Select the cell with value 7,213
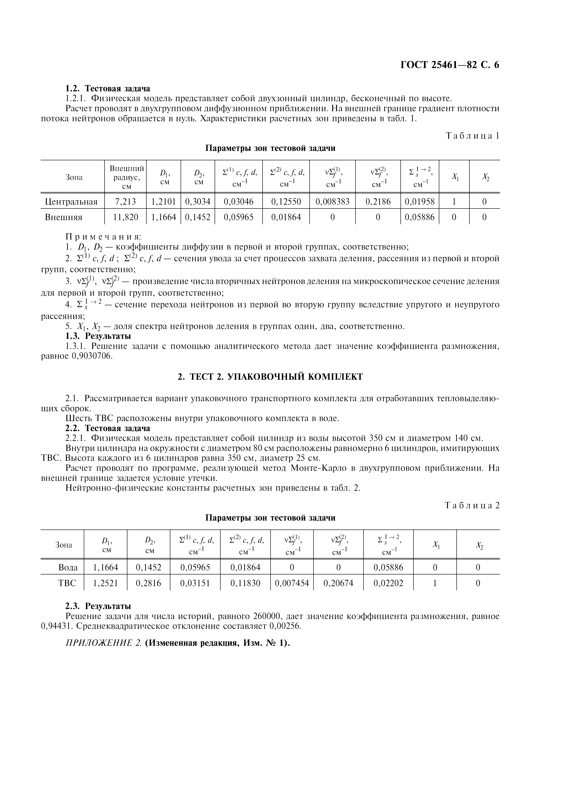point(125,202)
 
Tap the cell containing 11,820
point(125,217)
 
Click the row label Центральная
point(71,202)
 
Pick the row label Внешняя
point(64,217)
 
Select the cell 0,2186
point(378,202)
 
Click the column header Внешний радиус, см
point(125,177)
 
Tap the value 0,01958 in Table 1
point(419,202)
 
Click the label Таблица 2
point(472,505)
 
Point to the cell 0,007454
point(292,583)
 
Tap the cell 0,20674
point(338,583)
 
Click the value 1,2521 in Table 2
point(105,583)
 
